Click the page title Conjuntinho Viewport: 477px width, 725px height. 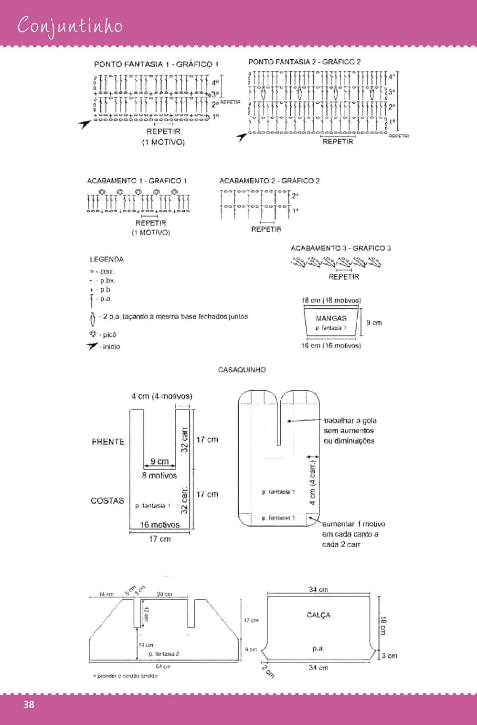coord(70,26)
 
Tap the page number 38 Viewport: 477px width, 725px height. coord(29,704)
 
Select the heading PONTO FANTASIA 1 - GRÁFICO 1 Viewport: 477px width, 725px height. coord(156,64)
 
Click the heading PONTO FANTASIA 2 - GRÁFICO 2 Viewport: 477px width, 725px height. coord(304,62)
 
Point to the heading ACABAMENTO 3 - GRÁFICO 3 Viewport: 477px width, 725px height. coord(340,248)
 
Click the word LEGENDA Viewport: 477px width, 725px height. coord(106,259)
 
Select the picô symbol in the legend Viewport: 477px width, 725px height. coord(93,334)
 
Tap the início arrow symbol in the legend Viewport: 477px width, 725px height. coord(93,346)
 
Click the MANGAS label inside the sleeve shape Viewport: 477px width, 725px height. coord(331,318)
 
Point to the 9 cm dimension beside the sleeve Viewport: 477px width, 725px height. coord(374,323)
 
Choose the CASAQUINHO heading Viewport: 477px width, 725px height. coord(242,370)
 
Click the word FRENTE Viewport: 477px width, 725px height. coord(108,442)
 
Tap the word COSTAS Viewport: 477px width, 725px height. coord(107,500)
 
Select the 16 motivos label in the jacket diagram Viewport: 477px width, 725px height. coord(159,525)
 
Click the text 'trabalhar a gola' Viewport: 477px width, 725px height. coord(350,421)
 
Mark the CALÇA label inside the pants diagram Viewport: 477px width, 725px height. coord(318,615)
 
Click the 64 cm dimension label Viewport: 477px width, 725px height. coord(163,666)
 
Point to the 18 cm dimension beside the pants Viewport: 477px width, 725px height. coord(383,625)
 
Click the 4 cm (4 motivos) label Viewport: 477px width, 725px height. coord(161,396)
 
